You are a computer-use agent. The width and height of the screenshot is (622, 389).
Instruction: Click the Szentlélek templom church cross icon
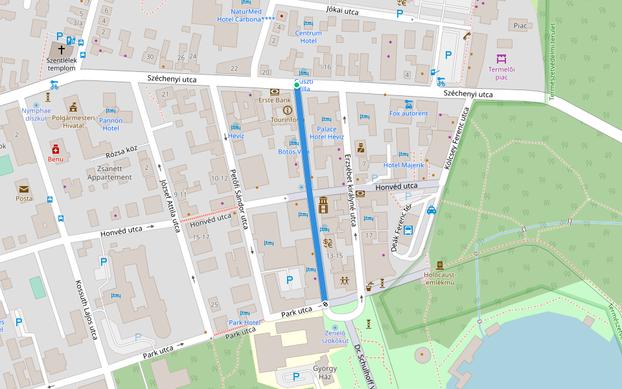click(62, 49)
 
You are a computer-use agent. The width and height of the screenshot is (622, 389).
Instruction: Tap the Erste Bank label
click(275, 100)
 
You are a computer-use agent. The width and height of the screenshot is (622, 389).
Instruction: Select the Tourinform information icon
click(288, 110)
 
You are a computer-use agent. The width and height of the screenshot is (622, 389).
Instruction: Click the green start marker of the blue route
click(297, 85)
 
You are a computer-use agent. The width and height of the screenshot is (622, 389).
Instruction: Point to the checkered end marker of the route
click(325, 304)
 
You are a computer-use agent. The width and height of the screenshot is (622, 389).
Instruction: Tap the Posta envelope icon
click(24, 189)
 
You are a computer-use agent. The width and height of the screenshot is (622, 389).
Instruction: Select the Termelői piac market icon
click(501, 59)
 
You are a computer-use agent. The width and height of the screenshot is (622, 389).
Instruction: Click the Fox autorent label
click(408, 113)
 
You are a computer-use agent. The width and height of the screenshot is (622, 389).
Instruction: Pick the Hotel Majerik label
click(404, 165)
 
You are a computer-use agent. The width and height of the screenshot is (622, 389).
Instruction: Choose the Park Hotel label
click(244, 322)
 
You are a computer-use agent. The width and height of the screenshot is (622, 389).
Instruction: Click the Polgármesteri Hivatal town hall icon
click(73, 107)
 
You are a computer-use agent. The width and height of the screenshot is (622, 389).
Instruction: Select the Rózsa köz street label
click(122, 152)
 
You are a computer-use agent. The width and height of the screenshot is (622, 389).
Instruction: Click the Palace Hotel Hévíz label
click(327, 133)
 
